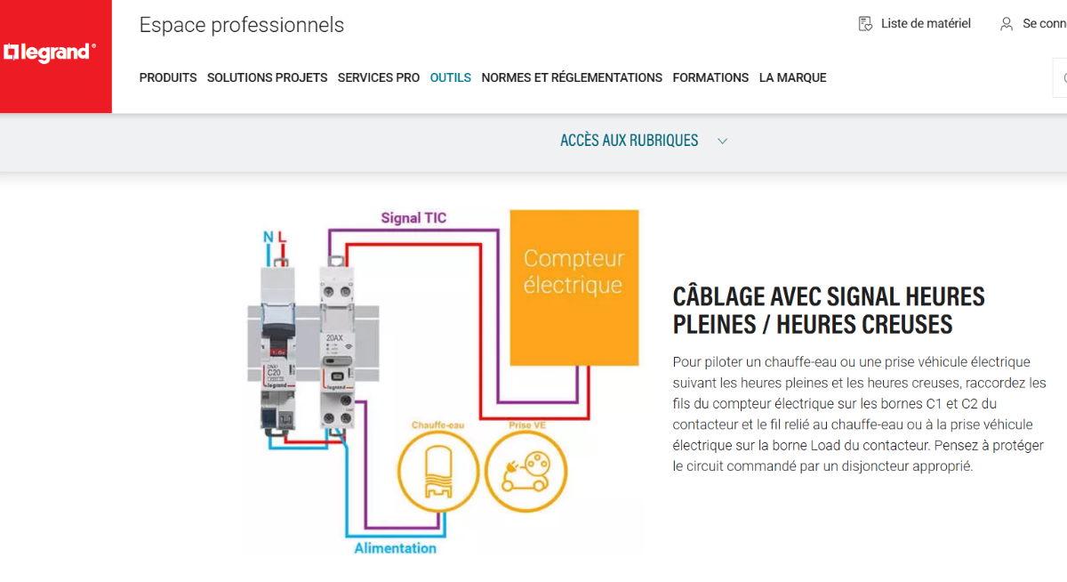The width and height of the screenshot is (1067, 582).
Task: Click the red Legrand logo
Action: (50, 53)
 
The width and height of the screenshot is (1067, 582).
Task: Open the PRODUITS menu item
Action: (168, 78)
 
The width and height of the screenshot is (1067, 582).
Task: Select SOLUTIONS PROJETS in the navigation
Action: (267, 78)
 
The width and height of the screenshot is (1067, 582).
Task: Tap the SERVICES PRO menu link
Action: (378, 78)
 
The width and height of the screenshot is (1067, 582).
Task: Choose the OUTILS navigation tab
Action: (450, 78)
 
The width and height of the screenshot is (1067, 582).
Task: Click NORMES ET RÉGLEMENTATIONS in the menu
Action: (572, 78)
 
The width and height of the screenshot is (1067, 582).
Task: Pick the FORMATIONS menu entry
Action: (710, 78)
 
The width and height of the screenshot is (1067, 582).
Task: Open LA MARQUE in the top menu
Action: (792, 78)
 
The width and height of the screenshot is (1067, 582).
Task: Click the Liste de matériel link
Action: (925, 24)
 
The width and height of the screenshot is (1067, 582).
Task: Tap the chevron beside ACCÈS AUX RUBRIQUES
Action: (722, 141)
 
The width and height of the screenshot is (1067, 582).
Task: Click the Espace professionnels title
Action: (241, 25)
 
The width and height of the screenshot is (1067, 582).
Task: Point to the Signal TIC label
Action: (413, 218)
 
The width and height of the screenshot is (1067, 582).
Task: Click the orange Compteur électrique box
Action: (574, 287)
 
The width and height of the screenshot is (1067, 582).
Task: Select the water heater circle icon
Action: (437, 473)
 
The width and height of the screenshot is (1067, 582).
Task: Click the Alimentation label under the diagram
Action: (395, 548)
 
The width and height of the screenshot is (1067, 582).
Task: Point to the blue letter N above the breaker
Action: (268, 237)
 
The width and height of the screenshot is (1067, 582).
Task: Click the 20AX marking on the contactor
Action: (334, 338)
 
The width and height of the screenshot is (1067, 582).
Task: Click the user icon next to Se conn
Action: (1006, 24)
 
